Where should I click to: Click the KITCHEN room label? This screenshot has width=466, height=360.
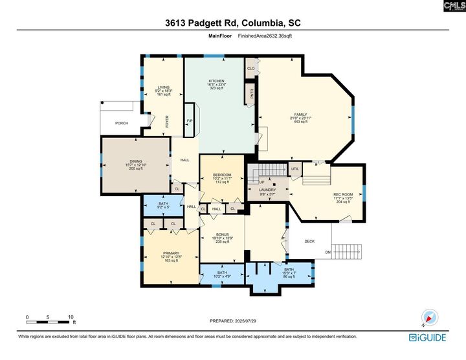click(x=216, y=81)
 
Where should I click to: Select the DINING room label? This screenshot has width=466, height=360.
click(x=136, y=162)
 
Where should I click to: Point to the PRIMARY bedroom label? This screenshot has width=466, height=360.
click(x=171, y=253)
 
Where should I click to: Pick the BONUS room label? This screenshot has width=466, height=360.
click(x=222, y=234)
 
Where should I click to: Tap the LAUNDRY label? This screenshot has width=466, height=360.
click(x=268, y=190)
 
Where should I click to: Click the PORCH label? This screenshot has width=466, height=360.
click(x=121, y=122)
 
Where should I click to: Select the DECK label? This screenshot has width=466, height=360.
click(x=309, y=242)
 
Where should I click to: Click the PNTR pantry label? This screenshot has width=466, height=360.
click(x=252, y=94)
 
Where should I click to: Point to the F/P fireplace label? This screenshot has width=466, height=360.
click(x=190, y=121)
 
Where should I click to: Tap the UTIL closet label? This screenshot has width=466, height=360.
click(x=294, y=169)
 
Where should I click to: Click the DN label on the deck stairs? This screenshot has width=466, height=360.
click(x=327, y=253)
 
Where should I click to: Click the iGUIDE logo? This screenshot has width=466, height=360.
click(x=427, y=337)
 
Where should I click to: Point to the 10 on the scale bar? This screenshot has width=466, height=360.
click(x=70, y=317)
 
